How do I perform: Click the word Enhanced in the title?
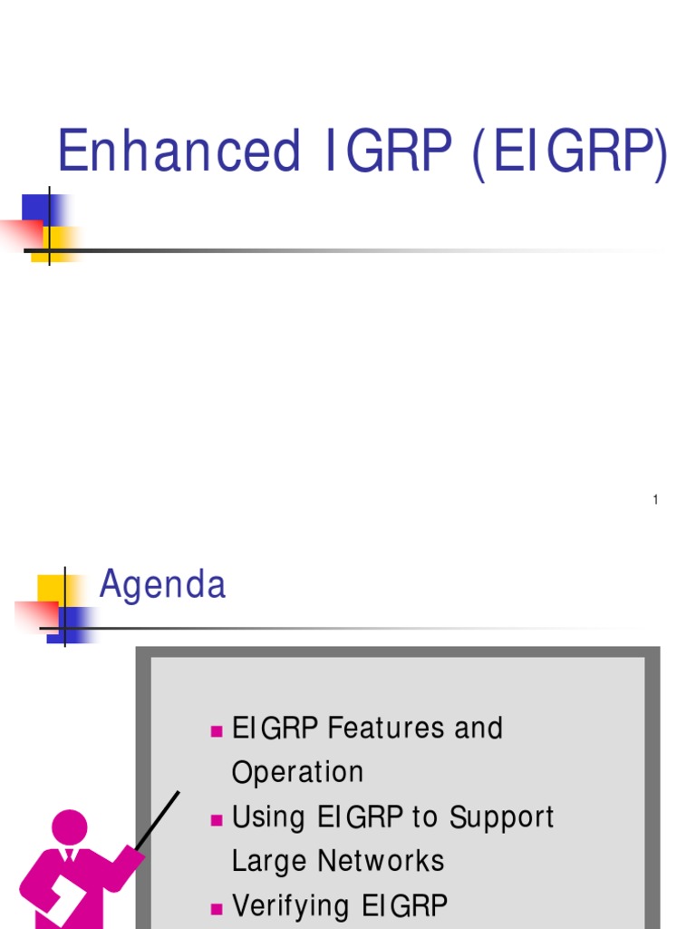point(179,152)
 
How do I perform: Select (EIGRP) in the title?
point(569,153)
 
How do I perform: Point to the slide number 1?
point(654,500)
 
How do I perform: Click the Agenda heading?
point(162,585)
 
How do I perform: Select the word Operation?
point(297,772)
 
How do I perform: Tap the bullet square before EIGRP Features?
point(216,730)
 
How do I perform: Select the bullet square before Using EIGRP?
point(216,819)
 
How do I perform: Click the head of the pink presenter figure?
point(69,826)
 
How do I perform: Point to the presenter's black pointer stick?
point(159,820)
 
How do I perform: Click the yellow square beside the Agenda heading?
point(49,588)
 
